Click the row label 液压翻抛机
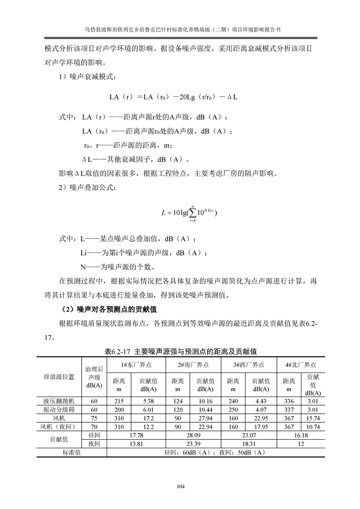[59, 401]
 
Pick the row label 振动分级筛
[59, 409]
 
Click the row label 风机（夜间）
[59, 426]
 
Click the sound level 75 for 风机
[94, 418]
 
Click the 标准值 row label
[71, 452]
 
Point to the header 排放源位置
[59, 377]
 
